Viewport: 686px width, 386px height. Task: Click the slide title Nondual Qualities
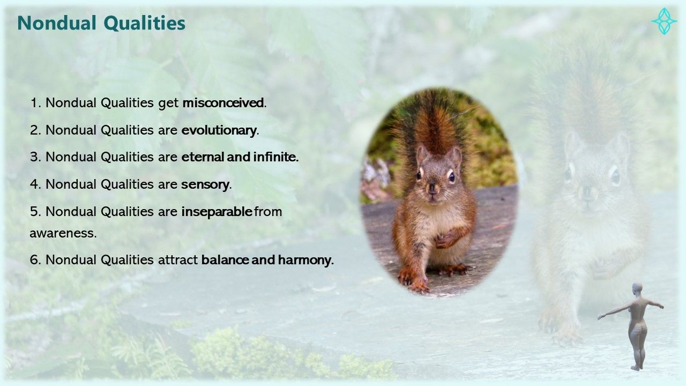(x=101, y=23)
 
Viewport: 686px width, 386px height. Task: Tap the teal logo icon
(x=664, y=21)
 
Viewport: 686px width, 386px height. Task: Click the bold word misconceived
(x=223, y=103)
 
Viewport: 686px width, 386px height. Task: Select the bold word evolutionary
(x=219, y=130)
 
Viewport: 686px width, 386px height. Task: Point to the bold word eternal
(x=203, y=157)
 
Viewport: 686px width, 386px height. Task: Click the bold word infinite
(x=275, y=157)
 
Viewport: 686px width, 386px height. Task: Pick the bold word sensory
(x=205, y=185)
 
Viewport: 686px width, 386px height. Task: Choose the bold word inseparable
(x=217, y=212)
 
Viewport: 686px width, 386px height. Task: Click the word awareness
(x=63, y=234)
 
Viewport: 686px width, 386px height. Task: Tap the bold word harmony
(x=305, y=261)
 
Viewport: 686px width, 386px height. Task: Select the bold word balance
(x=225, y=260)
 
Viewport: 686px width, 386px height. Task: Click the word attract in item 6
(x=177, y=260)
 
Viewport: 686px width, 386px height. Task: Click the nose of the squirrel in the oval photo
(x=432, y=187)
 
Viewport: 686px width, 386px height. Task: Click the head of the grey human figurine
(x=637, y=289)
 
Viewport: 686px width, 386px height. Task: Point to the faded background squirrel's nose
(x=587, y=192)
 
